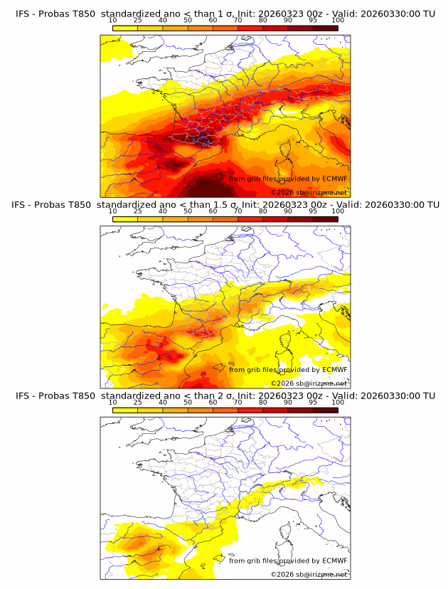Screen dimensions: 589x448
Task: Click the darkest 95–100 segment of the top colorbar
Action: coord(325,28)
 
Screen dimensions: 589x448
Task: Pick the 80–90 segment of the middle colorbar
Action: coord(275,218)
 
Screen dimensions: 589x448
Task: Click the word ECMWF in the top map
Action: coord(334,179)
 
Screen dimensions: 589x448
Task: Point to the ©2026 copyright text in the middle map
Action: coord(283,383)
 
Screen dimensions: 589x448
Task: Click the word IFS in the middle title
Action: coord(23,205)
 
